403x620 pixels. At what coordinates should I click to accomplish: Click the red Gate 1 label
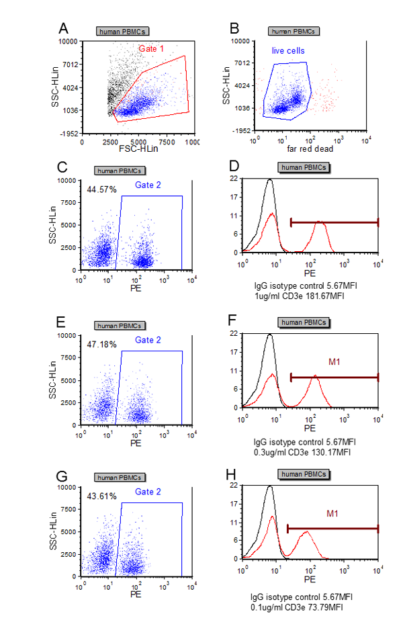(x=152, y=48)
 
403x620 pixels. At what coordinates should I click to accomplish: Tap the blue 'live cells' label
(x=288, y=50)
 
